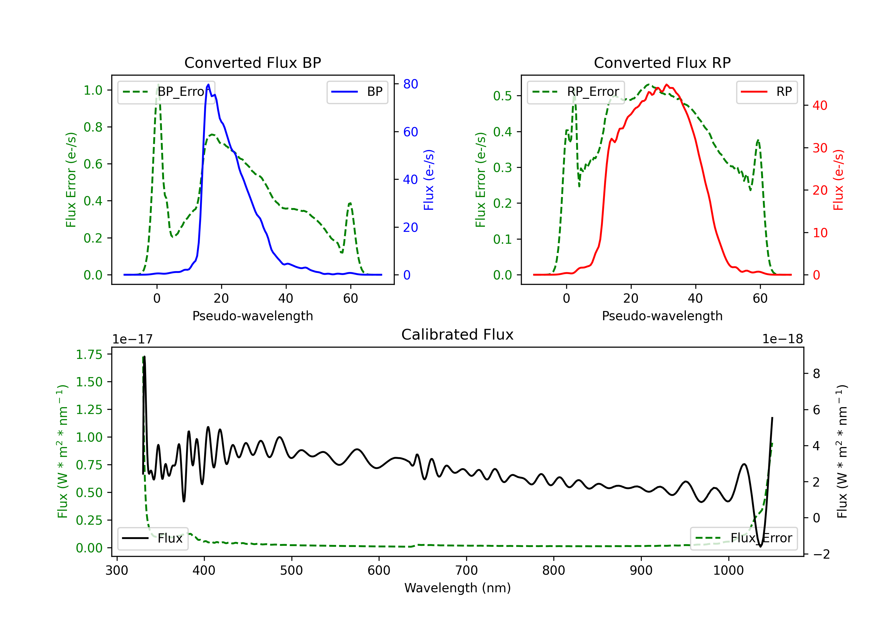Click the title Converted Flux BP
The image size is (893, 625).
tap(252, 62)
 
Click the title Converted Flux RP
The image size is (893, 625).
tap(662, 62)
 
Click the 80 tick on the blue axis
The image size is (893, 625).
tap(410, 84)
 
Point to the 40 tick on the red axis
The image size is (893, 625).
tap(820, 105)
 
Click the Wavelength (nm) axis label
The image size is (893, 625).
tap(458, 588)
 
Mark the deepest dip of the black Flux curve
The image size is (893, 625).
tap(760, 546)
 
